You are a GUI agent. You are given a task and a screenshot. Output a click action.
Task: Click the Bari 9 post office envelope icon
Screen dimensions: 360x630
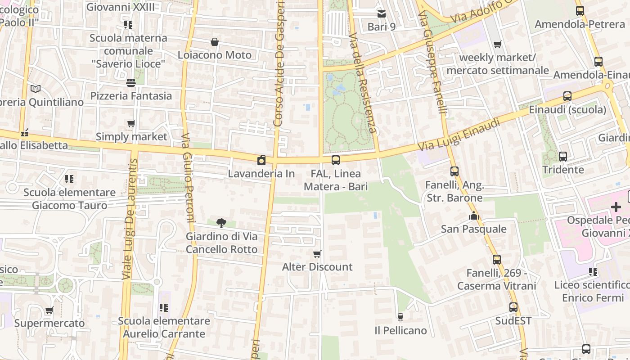382,14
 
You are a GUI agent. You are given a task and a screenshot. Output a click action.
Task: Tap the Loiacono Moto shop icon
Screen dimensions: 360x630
215,42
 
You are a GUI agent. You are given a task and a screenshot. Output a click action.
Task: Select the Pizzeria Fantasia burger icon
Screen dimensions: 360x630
131,83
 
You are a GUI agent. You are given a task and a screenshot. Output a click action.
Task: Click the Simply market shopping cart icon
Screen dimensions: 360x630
131,123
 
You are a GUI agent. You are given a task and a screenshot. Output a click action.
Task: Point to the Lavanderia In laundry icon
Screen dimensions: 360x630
261,160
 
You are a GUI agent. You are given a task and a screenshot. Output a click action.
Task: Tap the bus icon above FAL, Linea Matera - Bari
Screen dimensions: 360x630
336,160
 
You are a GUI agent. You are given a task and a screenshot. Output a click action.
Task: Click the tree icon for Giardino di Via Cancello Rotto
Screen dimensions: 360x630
221,223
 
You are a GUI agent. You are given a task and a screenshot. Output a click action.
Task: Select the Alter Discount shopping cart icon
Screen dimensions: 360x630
317,254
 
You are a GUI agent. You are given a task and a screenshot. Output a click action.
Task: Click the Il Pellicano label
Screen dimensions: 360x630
400,331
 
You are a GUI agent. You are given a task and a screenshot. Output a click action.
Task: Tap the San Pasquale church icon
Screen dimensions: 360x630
473,216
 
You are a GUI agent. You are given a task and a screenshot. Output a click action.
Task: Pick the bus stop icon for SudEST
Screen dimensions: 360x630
513,308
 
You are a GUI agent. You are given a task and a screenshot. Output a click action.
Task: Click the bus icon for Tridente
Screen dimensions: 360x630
563,157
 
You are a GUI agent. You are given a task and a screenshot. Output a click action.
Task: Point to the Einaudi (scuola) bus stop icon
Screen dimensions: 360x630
567,96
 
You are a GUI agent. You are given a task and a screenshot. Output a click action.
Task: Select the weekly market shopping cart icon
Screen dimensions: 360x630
498,45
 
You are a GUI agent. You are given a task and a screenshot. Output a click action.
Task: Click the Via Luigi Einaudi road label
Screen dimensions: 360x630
459,134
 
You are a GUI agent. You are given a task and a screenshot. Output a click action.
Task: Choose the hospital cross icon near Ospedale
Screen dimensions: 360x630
616,207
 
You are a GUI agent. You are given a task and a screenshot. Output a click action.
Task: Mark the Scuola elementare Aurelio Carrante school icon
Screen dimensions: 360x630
164,308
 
